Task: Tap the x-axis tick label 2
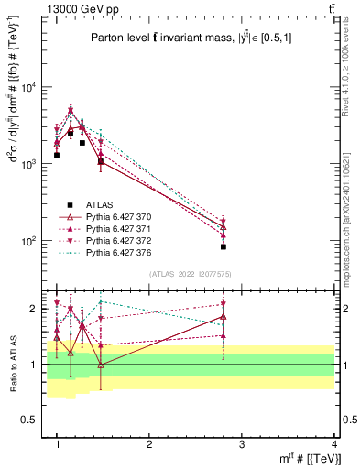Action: point(149,444)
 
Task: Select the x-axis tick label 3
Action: point(242,444)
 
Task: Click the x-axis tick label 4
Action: point(334,444)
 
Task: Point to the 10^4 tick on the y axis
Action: point(31,87)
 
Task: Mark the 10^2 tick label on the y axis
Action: point(31,241)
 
